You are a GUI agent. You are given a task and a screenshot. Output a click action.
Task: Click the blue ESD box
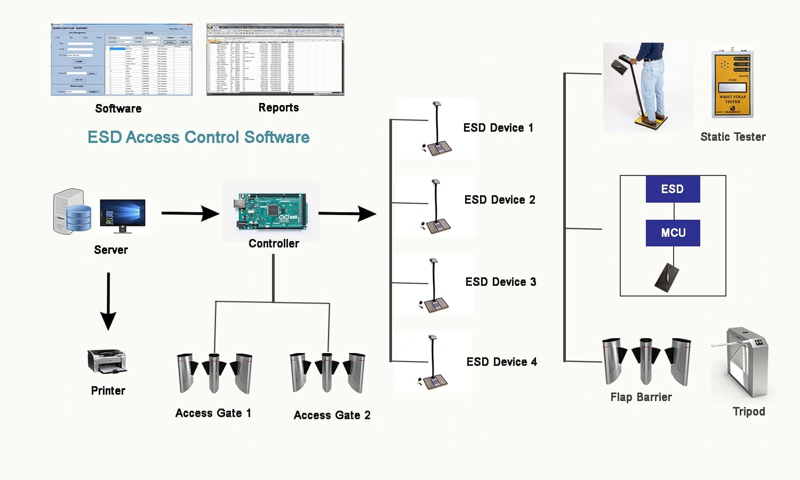(673, 189)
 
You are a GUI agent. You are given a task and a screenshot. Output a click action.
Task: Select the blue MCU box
(673, 233)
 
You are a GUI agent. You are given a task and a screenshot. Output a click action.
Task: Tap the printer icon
(107, 361)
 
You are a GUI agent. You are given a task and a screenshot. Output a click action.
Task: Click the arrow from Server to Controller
(190, 213)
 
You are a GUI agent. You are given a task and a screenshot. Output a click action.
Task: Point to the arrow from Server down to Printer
(108, 301)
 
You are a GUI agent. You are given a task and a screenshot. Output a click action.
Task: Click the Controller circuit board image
(270, 211)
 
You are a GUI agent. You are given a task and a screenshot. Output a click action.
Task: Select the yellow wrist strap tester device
(732, 84)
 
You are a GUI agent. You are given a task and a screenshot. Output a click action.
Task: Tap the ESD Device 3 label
(501, 282)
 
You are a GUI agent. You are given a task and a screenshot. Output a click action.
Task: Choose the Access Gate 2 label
(332, 415)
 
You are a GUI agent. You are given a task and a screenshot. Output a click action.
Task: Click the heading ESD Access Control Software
(198, 138)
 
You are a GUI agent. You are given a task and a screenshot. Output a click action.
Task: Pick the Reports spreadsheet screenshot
(275, 60)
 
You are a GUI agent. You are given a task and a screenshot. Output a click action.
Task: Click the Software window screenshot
(122, 60)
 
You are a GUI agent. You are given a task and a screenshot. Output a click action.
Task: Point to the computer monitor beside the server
(123, 215)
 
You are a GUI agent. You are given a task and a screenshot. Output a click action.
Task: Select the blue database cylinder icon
(78, 218)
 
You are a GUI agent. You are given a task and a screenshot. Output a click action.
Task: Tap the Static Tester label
(733, 137)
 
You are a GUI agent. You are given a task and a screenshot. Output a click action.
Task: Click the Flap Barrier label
(641, 397)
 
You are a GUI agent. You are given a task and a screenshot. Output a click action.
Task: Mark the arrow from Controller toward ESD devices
(347, 213)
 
